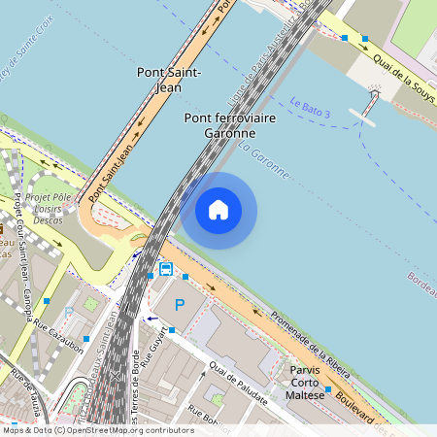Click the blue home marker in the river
click(x=218, y=209)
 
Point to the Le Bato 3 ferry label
click(x=310, y=107)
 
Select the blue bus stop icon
click(x=166, y=269)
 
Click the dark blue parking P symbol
click(x=179, y=305)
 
